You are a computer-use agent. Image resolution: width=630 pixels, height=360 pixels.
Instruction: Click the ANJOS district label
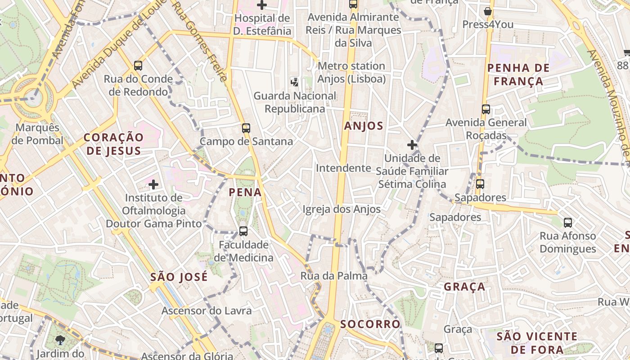tap(364, 126)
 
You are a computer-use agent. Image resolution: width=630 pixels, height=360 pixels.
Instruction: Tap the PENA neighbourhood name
tap(245, 193)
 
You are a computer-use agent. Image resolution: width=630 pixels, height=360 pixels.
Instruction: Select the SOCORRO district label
tap(370, 324)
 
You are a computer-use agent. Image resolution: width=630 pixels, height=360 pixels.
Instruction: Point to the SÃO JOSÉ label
tap(179, 277)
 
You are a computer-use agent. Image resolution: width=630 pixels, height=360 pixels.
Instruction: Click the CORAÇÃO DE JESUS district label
tap(113, 144)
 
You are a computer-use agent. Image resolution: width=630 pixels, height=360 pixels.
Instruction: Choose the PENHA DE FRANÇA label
tap(518, 75)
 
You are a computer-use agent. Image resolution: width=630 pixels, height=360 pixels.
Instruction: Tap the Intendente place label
tap(343, 168)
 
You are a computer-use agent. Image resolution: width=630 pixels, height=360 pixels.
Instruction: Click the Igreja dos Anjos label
tap(342, 209)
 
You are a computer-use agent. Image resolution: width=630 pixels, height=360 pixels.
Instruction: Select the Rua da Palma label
tap(334, 276)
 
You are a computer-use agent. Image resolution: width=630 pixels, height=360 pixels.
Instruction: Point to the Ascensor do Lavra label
tap(207, 310)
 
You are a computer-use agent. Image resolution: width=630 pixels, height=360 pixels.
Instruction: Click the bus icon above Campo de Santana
tap(246, 128)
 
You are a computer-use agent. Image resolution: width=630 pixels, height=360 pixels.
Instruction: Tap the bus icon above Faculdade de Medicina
tap(243, 231)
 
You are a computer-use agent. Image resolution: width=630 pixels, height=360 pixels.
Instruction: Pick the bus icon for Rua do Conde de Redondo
tap(138, 66)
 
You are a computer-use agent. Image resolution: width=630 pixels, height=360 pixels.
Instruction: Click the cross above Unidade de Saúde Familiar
tap(412, 145)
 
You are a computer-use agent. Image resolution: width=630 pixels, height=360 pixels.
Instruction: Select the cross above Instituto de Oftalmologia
tap(153, 184)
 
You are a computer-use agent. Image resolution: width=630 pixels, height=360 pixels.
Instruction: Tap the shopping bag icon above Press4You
tap(487, 11)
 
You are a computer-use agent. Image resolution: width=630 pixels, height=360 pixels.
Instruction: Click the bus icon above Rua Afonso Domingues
tap(568, 222)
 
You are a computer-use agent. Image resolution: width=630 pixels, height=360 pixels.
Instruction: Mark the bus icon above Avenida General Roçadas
tap(486, 109)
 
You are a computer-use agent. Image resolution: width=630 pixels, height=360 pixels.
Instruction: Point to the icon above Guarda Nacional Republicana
tap(295, 82)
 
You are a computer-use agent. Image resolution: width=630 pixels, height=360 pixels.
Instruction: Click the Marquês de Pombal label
tap(37, 134)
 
